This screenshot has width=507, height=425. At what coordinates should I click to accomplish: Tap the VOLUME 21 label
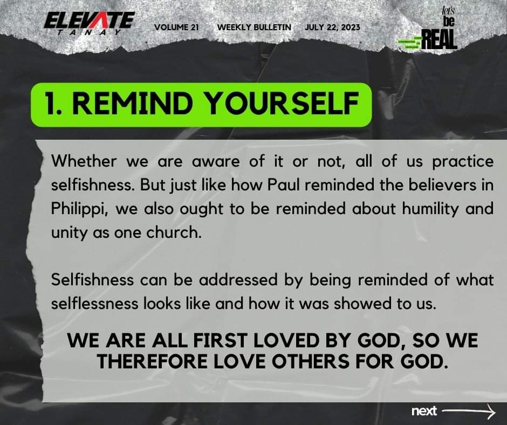[x=176, y=28]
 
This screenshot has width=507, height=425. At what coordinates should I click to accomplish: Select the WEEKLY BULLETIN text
[x=253, y=28]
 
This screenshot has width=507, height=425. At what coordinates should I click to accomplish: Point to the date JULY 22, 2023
[x=332, y=28]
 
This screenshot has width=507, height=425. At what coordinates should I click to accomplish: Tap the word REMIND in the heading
[x=129, y=104]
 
